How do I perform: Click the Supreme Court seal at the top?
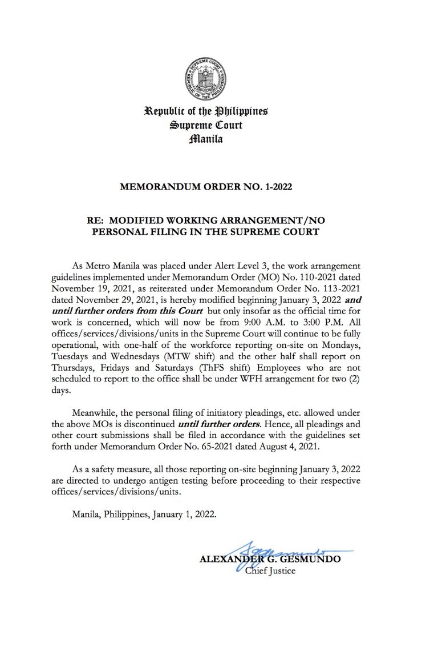pyautogui.click(x=205, y=80)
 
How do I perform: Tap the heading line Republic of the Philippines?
pyautogui.click(x=206, y=111)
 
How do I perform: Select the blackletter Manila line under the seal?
pyautogui.click(x=206, y=139)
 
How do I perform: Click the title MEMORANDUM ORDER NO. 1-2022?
pyautogui.click(x=205, y=186)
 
